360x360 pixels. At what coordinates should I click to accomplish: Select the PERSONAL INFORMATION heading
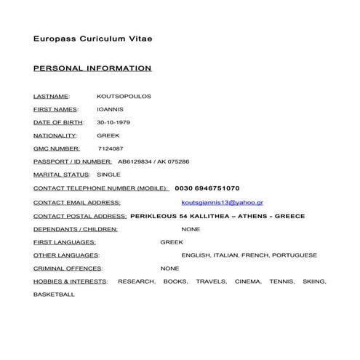click(x=92, y=68)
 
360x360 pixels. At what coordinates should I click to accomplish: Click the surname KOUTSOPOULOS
click(x=124, y=96)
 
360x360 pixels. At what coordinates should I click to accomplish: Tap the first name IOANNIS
click(x=109, y=109)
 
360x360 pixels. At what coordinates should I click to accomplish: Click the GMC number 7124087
click(x=110, y=148)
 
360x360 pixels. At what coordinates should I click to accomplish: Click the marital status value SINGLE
click(x=108, y=175)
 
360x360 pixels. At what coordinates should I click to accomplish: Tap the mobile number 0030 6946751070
click(x=207, y=188)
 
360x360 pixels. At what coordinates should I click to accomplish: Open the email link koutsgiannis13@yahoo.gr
click(x=222, y=202)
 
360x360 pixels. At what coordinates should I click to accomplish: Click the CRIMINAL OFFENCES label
click(x=68, y=268)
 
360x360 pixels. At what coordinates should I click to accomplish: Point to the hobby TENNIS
click(x=281, y=281)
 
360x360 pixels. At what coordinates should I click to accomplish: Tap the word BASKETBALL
click(x=54, y=295)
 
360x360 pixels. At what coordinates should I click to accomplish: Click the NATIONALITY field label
click(x=55, y=135)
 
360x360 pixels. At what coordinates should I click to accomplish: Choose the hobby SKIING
click(x=314, y=281)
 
